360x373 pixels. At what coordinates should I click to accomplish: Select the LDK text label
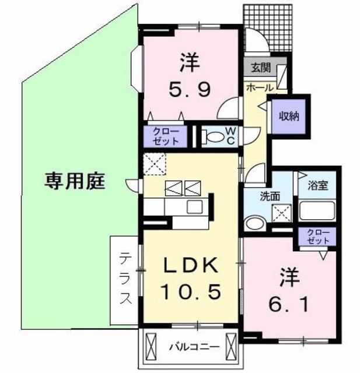point(191,266)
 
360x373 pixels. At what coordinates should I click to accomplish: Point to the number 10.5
point(191,292)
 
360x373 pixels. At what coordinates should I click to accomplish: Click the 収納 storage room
point(288,115)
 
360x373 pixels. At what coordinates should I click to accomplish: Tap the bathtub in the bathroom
point(316,210)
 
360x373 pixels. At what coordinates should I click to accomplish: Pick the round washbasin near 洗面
point(254,223)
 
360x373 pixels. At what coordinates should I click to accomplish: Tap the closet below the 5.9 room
point(166,136)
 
